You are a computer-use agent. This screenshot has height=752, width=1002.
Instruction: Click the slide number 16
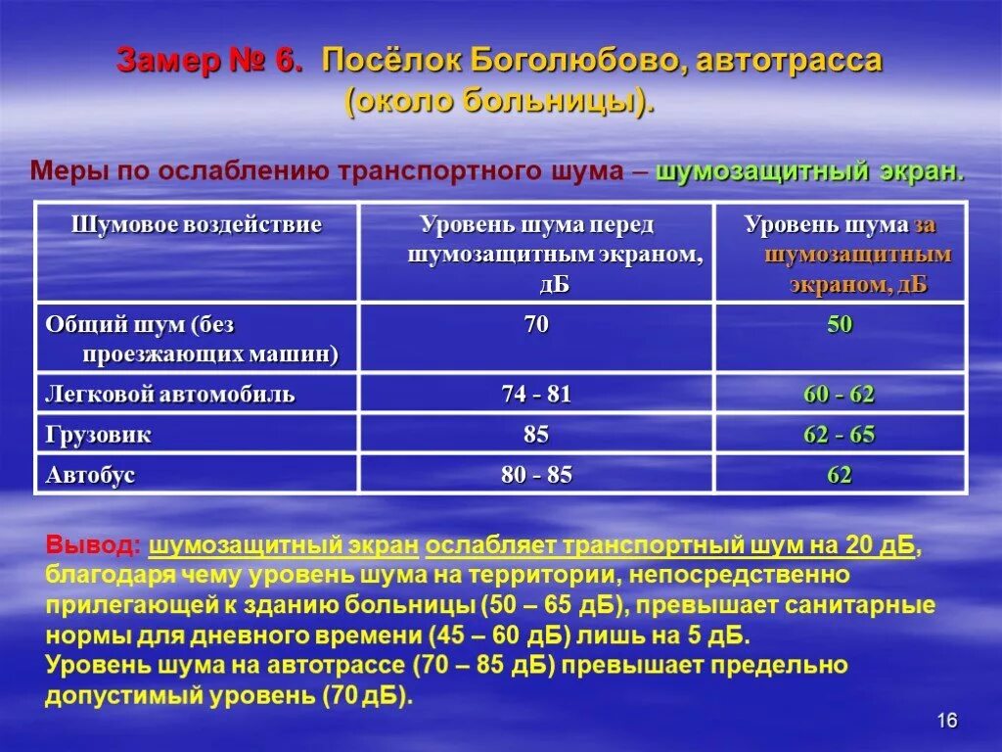pyautogui.click(x=946, y=721)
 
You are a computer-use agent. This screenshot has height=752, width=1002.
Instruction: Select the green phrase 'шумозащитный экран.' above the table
pyautogui.click(x=810, y=171)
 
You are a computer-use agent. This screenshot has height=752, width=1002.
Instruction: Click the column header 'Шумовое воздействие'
pyautogui.click(x=197, y=225)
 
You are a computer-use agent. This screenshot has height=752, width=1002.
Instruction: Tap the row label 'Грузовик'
pyautogui.click(x=99, y=435)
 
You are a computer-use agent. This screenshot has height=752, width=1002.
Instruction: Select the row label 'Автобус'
pyautogui.click(x=90, y=476)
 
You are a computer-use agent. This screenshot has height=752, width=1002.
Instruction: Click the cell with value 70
pyautogui.click(x=536, y=325)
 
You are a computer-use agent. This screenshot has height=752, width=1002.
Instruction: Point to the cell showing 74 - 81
pyautogui.click(x=536, y=395)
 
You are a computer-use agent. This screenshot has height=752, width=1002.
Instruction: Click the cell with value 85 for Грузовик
pyautogui.click(x=536, y=435)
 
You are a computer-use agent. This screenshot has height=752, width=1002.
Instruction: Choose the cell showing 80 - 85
pyautogui.click(x=536, y=476)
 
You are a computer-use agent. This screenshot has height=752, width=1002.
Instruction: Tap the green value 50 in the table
pyautogui.click(x=840, y=325)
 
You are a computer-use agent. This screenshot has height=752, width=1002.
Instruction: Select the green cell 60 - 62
pyautogui.click(x=840, y=395)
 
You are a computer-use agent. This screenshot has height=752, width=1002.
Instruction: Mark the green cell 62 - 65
pyautogui.click(x=840, y=435)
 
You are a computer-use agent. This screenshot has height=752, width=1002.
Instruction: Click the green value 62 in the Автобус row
pyautogui.click(x=840, y=476)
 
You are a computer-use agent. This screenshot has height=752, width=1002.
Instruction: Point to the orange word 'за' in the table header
pyautogui.click(x=926, y=225)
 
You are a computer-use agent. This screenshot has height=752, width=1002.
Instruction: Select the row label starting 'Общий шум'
pyautogui.click(x=192, y=338)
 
